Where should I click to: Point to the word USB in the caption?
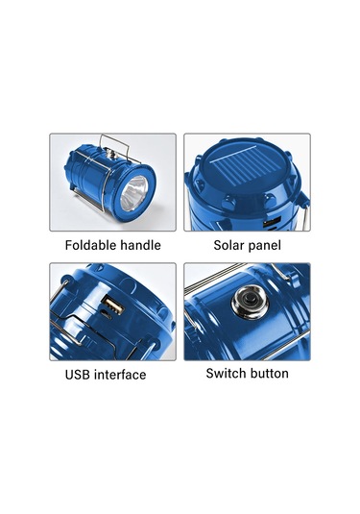pyautogui.click(x=80, y=374)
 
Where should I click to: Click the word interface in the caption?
pyautogui.click(x=122, y=374)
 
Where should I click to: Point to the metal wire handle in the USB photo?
pyautogui.click(x=61, y=317)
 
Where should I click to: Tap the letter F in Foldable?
pyautogui.click(x=69, y=245)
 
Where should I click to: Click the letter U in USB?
pyautogui.click(x=69, y=374)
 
